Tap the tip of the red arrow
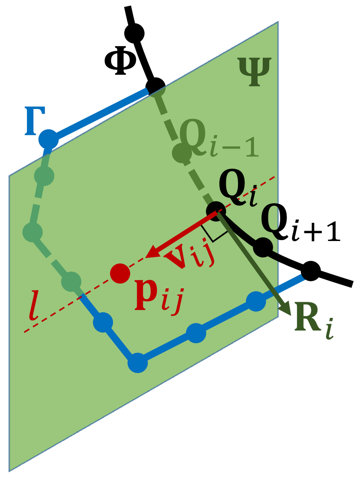(147, 258)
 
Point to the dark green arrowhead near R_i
(287, 310)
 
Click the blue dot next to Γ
(48, 139)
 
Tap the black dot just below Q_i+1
(263, 248)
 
